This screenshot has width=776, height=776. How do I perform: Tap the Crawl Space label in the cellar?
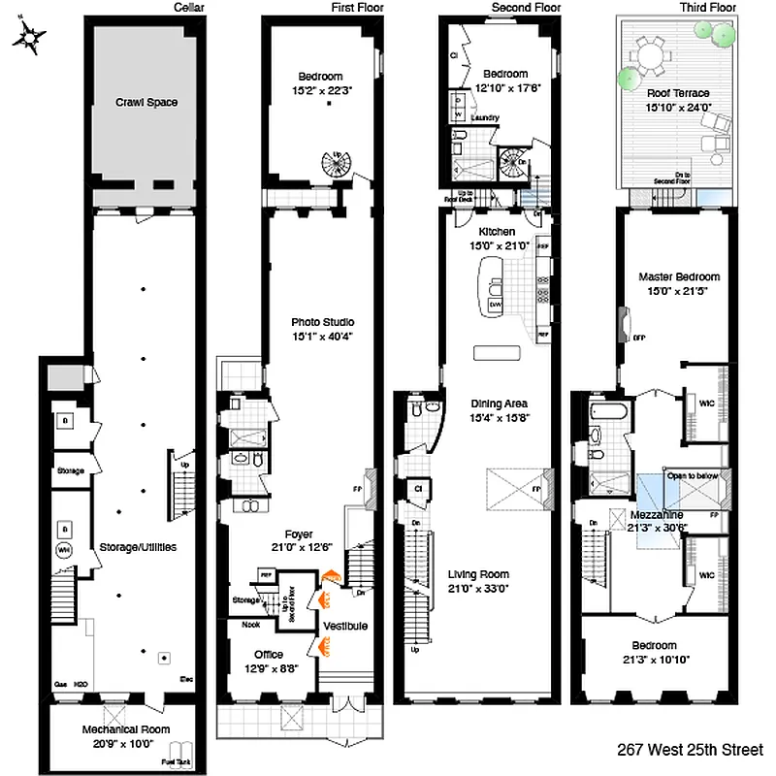click(146, 102)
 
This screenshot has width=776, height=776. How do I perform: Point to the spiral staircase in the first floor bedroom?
click(335, 169)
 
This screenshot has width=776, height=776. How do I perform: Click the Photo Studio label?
click(322, 322)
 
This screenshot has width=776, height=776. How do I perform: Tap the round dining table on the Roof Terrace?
click(652, 58)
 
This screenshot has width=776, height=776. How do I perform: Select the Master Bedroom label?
click(679, 276)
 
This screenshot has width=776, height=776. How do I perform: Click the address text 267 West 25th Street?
click(690, 750)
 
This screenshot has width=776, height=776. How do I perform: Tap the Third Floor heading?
click(710, 8)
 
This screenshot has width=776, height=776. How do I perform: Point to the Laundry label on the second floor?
click(484, 118)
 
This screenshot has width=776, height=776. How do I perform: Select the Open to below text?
click(690, 476)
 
